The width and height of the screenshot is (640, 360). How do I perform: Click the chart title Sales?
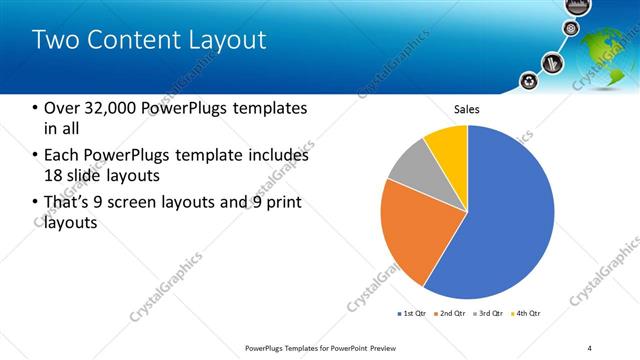(467, 109)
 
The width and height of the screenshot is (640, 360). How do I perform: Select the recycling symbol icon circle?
(529, 81)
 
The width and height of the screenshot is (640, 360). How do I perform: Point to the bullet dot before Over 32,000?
(36, 108)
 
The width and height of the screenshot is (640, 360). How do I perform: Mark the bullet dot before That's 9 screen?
(36, 203)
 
